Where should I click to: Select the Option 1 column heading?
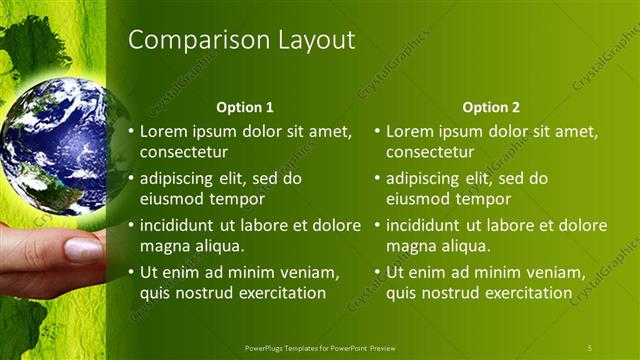(245, 107)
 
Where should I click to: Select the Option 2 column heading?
(491, 107)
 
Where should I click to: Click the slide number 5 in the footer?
(590, 347)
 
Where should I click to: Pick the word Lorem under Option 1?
(164, 131)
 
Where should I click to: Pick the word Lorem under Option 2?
(410, 131)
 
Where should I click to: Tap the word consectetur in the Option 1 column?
(184, 153)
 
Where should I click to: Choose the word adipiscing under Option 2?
(422, 179)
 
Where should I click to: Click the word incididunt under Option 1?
(179, 225)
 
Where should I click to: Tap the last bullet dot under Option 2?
(376, 272)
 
